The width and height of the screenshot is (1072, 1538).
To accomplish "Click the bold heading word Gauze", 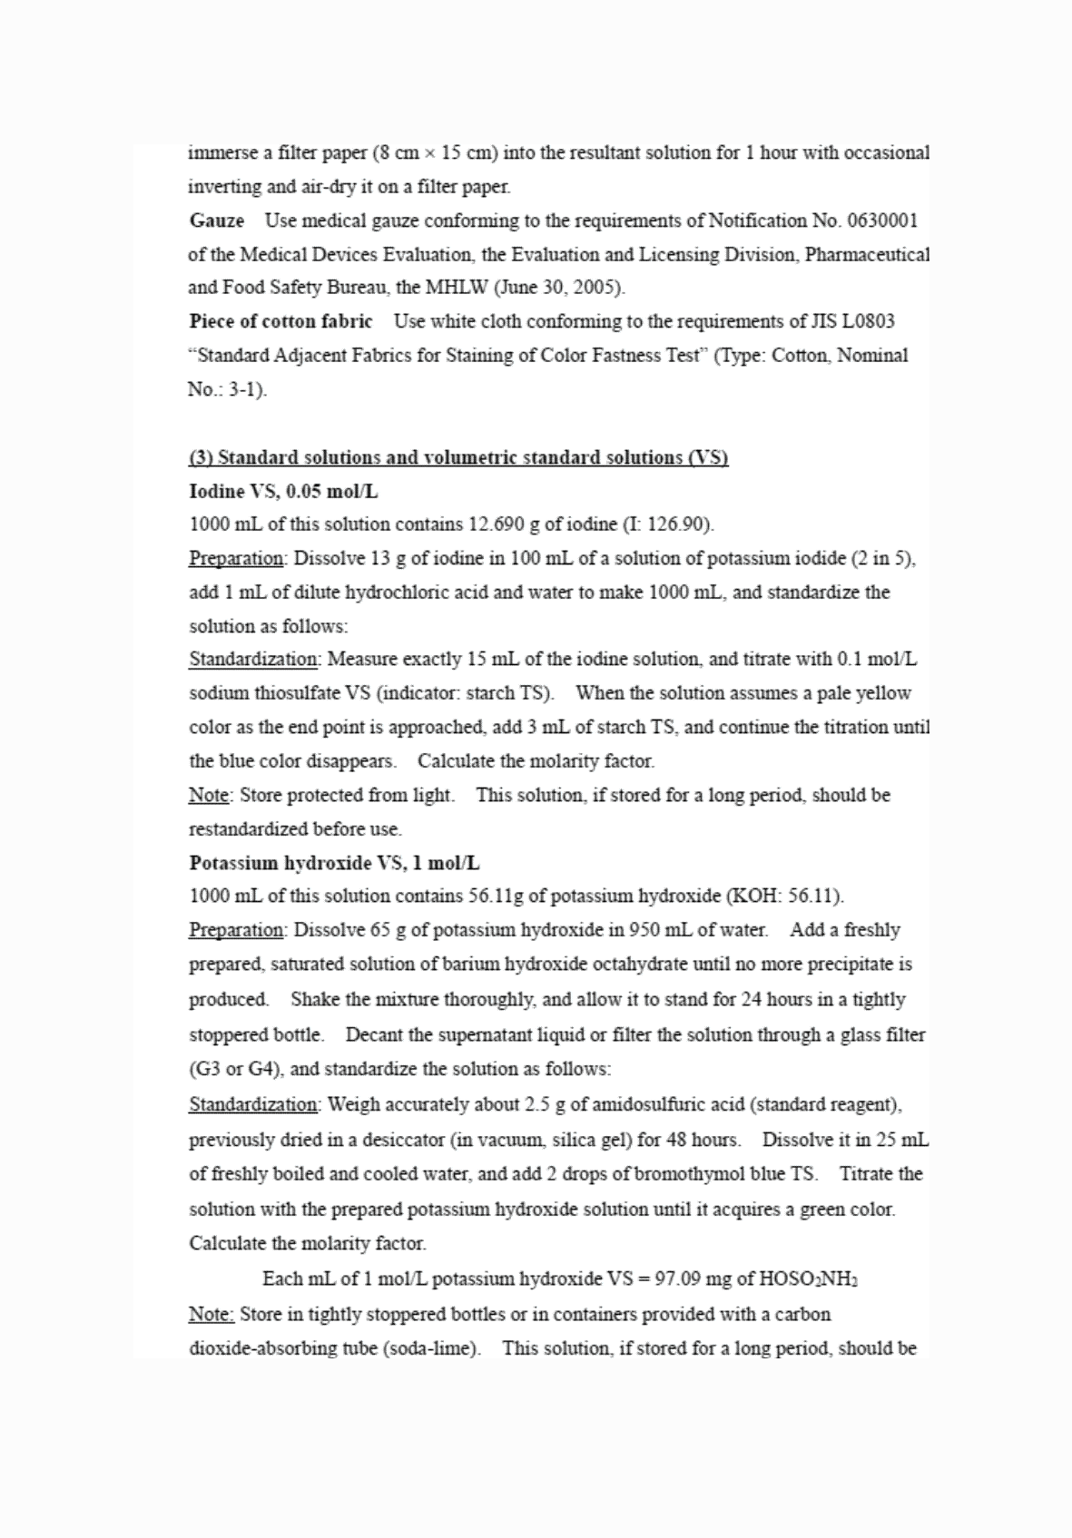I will click(x=217, y=220).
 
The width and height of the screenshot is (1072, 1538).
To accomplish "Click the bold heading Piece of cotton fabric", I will click(x=280, y=322).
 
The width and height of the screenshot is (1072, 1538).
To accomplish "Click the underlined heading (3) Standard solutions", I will click(x=458, y=457).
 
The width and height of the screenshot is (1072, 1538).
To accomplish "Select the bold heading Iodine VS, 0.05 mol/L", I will click(x=283, y=492).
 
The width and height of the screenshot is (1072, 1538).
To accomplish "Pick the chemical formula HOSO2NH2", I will click(x=808, y=1279).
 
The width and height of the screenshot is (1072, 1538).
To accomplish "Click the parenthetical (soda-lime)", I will click(x=432, y=1348).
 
